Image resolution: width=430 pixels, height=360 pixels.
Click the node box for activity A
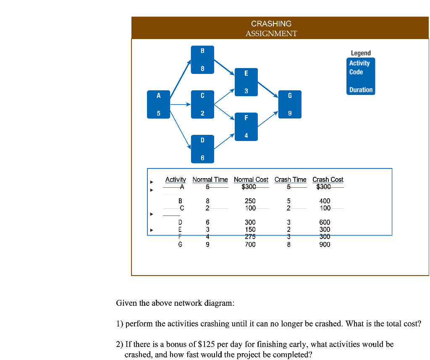click(x=159, y=105)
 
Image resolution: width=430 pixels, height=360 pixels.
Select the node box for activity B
click(x=202, y=60)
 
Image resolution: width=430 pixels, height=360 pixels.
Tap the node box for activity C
click(x=202, y=105)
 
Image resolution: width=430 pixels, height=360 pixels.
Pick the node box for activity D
click(x=202, y=149)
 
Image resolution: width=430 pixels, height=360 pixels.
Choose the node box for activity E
click(x=246, y=82)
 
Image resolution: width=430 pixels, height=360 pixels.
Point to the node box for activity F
click(x=246, y=127)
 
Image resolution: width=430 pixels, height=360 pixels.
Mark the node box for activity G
click(x=290, y=105)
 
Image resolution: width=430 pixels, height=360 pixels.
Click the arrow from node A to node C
click(x=181, y=105)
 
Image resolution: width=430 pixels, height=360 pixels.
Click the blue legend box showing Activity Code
click(x=361, y=76)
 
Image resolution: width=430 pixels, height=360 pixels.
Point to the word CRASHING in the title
click(x=271, y=24)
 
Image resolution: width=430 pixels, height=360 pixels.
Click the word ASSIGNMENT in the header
click(x=271, y=34)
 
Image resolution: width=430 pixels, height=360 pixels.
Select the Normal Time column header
click(x=210, y=180)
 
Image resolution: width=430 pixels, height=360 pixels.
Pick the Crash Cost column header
click(x=328, y=180)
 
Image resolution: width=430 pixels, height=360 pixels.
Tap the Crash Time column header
click(x=291, y=180)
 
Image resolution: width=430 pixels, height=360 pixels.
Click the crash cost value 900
click(x=325, y=244)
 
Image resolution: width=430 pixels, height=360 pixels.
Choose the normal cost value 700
click(x=250, y=244)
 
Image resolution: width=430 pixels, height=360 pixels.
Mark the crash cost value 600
click(x=325, y=222)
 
